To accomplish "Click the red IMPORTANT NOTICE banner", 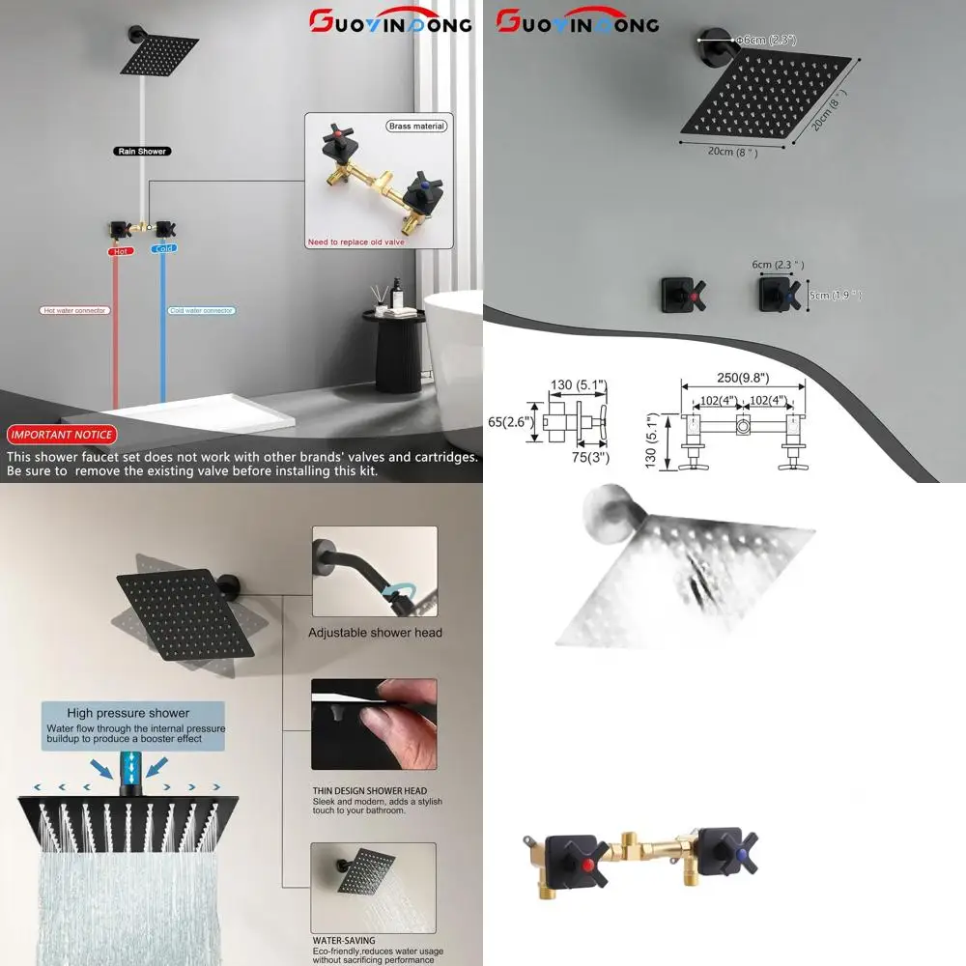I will coord(62,435).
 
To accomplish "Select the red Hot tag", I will coord(121,250).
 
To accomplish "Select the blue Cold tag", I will coord(164,249).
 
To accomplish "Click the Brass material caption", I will coord(416,127).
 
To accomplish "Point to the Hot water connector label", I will coord(75,311).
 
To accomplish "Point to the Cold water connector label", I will coord(202,311).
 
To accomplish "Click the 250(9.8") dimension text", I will coord(743,378).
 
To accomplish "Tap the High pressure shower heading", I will coord(128,713).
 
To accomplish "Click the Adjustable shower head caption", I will coord(375,633).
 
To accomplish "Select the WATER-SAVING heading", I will coord(344,939).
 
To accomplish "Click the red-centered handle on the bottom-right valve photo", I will coord(583,856).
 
